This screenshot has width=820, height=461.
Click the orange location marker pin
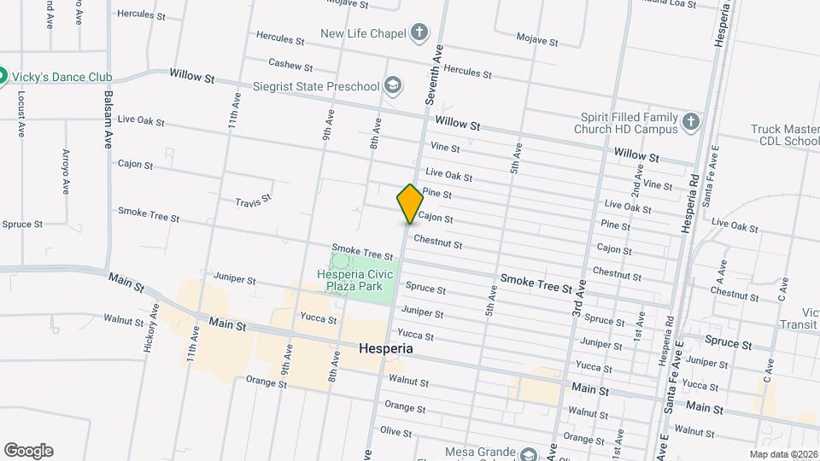coord(410,204)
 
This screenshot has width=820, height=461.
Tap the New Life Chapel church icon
coord(419,34)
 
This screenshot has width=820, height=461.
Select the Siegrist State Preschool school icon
coord(392,85)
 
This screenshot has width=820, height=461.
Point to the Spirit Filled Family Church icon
coord(691,124)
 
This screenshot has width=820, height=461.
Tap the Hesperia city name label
coord(385,349)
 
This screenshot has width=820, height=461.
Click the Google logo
coord(28,451)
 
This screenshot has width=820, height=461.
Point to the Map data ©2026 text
coord(782,454)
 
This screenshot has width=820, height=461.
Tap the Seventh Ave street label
coord(433,75)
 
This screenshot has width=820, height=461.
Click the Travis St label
coord(253,201)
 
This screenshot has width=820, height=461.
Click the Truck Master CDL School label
coord(785,135)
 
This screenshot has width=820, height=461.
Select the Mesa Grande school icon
coord(530,453)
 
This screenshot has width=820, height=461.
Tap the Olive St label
coord(395,431)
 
